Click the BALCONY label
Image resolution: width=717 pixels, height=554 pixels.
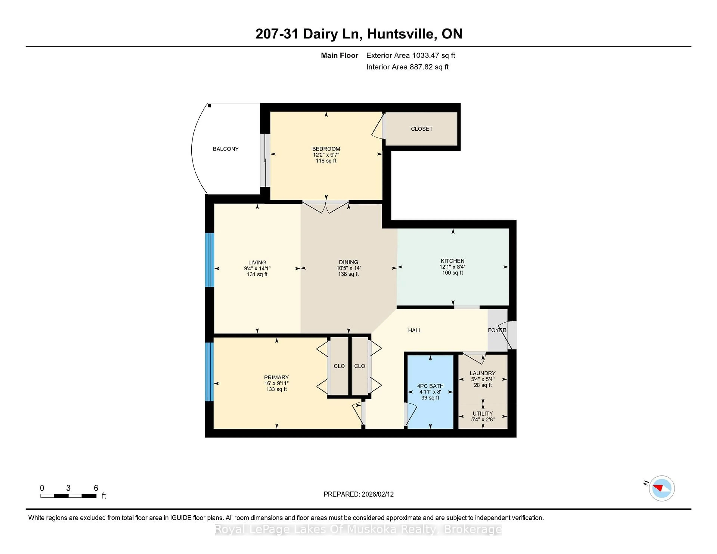pyautogui.click(x=226, y=149)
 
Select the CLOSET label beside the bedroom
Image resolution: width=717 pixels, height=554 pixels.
pyautogui.click(x=422, y=129)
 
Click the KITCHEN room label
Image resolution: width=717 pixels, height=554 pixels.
pyautogui.click(x=452, y=261)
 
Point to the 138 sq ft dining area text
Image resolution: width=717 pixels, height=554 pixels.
pyautogui.click(x=348, y=274)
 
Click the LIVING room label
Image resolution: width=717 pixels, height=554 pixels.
pyautogui.click(x=257, y=263)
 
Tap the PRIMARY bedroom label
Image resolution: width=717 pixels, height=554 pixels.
pyautogui.click(x=276, y=377)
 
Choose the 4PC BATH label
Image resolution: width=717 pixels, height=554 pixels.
pyautogui.click(x=430, y=386)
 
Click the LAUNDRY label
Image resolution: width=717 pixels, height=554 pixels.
pyautogui.click(x=482, y=373)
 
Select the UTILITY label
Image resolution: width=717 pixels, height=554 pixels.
pyautogui.click(x=482, y=413)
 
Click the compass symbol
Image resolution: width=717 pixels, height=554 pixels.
pyautogui.click(x=662, y=488)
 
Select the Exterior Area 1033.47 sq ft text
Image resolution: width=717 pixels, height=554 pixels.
pyautogui.click(x=410, y=55)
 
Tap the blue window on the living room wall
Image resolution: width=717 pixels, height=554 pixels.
pyautogui.click(x=209, y=260)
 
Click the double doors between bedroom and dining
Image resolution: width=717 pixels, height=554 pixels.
pyautogui.click(x=325, y=207)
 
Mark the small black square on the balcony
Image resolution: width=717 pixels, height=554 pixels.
pyautogui.click(x=209, y=106)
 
